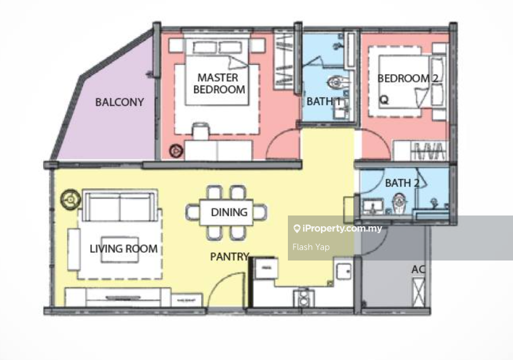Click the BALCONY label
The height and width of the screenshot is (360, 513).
[119, 102]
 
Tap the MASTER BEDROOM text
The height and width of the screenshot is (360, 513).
[219, 84]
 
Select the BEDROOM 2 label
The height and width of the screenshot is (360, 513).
[408, 79]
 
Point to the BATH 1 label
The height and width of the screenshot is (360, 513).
[323, 101]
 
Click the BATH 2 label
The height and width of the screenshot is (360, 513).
[402, 183]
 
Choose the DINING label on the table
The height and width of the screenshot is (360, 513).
[229, 212]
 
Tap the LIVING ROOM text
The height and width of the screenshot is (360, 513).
[124, 249]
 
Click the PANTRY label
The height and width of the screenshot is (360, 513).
[230, 257]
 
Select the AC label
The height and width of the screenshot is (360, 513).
[418, 269]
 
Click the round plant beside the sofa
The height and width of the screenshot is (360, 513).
[70, 199]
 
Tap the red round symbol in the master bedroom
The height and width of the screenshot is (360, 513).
[176, 151]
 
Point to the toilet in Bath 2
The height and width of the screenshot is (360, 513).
[398, 203]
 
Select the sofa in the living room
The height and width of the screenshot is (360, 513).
[120, 205]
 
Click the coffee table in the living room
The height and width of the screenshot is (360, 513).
[120, 250]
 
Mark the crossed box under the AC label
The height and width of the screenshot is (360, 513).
[419, 292]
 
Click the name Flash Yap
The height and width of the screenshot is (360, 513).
[311, 247]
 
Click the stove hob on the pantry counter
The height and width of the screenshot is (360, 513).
[303, 297]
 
